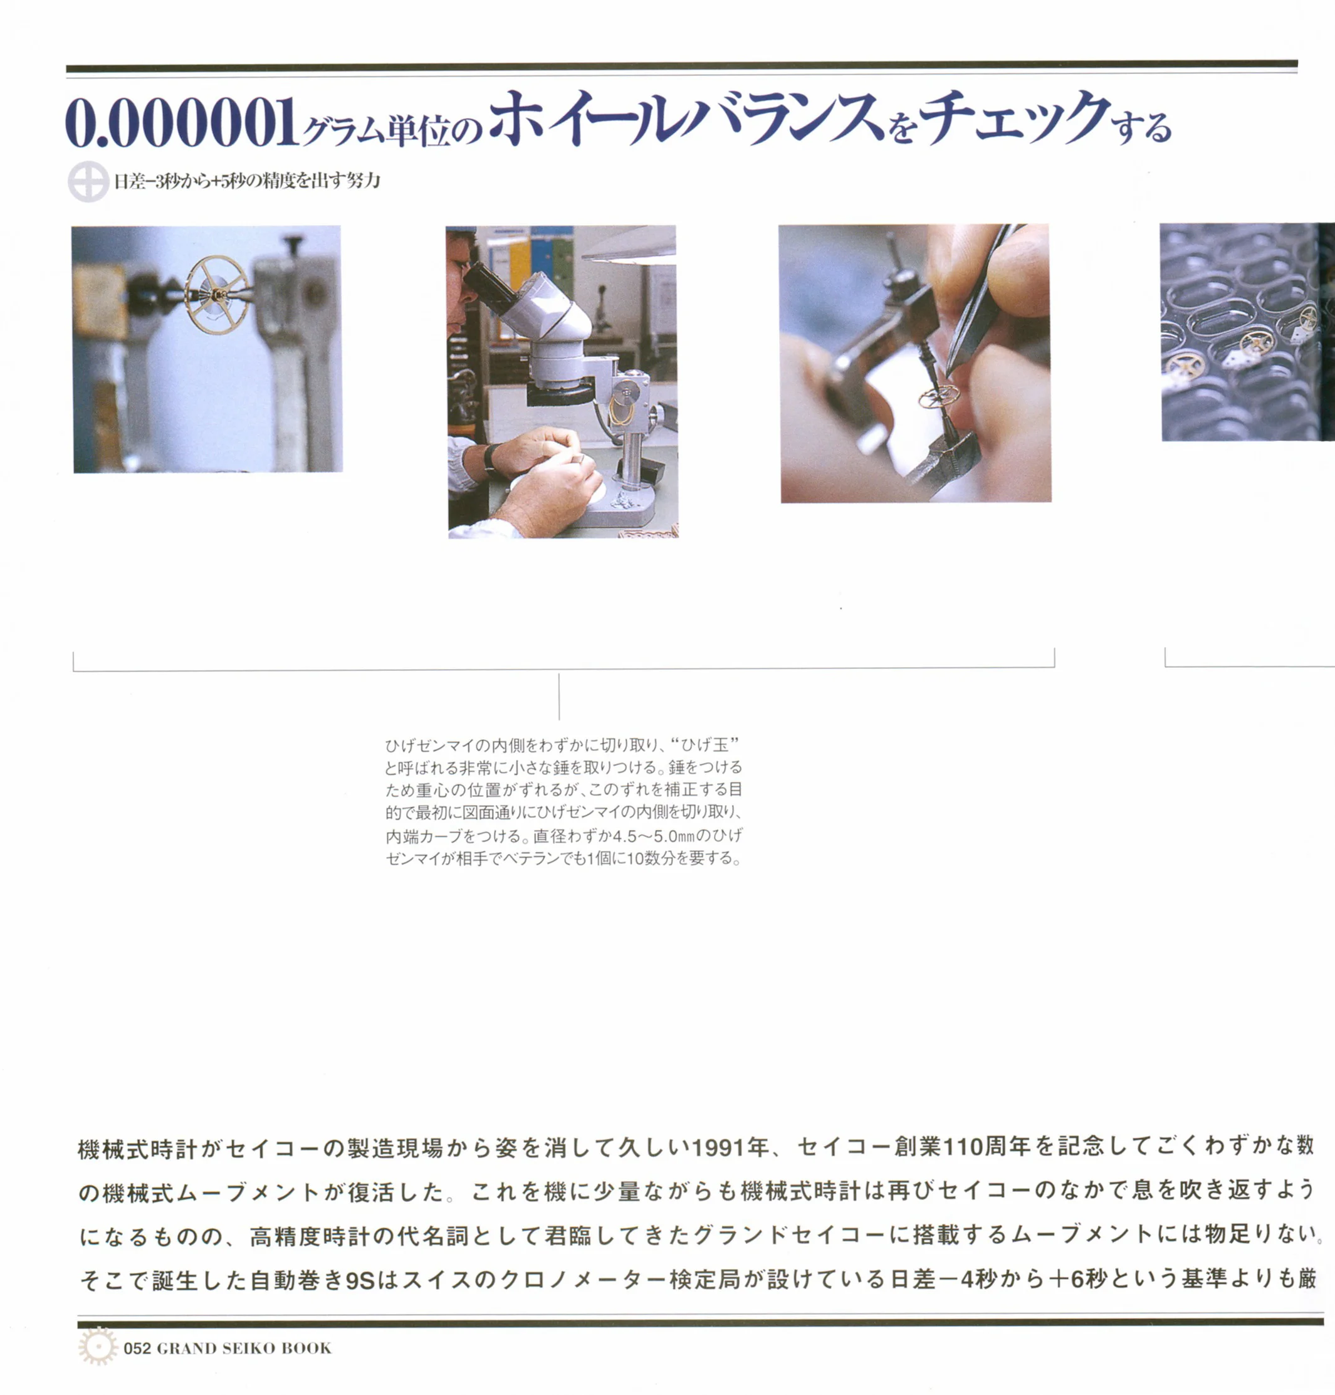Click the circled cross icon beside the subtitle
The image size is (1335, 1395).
click(x=88, y=182)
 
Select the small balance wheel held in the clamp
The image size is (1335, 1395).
click(x=938, y=396)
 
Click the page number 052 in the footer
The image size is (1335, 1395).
click(x=137, y=1348)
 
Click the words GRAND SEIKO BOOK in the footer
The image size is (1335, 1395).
click(x=243, y=1348)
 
